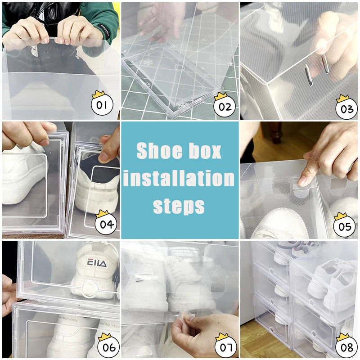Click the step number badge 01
click(102, 106)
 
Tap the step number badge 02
click(225, 107)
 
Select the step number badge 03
click(346, 108)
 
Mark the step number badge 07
click(225, 347)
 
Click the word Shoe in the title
click(157, 151)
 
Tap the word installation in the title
click(180, 179)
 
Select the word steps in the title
click(179, 206)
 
